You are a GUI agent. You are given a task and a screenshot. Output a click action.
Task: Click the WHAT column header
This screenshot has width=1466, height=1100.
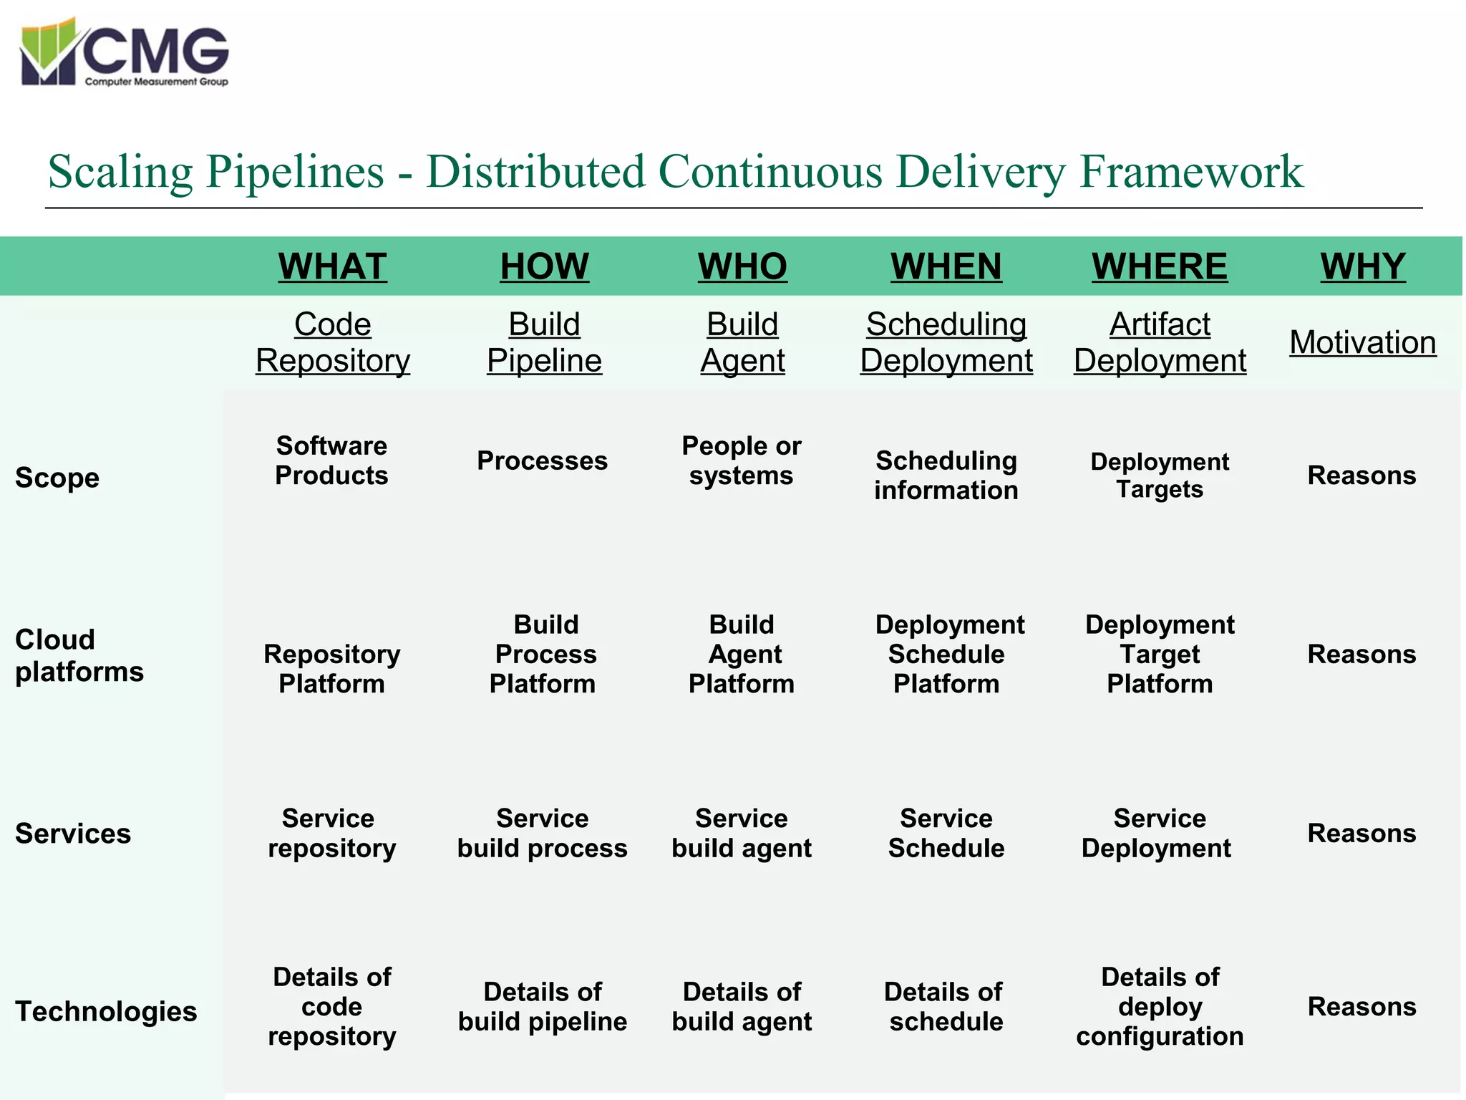[x=332, y=266]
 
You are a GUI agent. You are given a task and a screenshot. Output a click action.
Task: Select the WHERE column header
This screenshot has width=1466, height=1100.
[x=1159, y=266]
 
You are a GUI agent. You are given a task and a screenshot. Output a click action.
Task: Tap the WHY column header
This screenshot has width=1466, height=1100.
[x=1362, y=266]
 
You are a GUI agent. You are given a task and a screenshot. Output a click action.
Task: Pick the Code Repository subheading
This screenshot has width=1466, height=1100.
[x=332, y=342]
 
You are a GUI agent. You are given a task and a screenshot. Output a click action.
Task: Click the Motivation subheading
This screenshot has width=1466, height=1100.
[x=1362, y=342]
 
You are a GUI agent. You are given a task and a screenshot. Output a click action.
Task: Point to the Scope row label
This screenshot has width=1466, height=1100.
[x=57, y=477]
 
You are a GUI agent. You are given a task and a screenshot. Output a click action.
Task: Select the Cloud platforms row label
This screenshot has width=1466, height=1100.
[x=79, y=655]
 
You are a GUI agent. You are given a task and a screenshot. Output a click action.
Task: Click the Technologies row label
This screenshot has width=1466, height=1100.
[x=106, y=1011]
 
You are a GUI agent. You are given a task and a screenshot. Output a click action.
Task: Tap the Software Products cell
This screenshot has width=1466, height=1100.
[x=331, y=460]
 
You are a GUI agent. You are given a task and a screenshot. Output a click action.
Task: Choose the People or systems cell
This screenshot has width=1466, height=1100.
[x=741, y=460]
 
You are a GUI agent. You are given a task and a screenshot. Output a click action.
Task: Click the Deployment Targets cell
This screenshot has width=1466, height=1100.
[x=1159, y=476]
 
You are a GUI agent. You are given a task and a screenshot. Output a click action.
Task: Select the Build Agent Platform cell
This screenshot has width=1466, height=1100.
[x=741, y=654]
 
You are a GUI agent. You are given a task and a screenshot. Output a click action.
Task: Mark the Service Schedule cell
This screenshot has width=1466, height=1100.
[x=946, y=833]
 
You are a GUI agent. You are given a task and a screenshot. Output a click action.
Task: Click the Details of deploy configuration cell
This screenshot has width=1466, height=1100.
[x=1159, y=1006]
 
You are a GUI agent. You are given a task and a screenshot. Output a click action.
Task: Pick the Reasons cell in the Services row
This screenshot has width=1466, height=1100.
[x=1361, y=833]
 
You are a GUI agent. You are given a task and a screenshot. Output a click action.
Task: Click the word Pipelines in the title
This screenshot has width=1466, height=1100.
[x=295, y=172]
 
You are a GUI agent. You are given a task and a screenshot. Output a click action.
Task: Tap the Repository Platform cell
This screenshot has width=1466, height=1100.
[x=331, y=668]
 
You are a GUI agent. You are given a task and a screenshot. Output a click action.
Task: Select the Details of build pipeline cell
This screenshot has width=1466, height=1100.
[x=542, y=1006]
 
